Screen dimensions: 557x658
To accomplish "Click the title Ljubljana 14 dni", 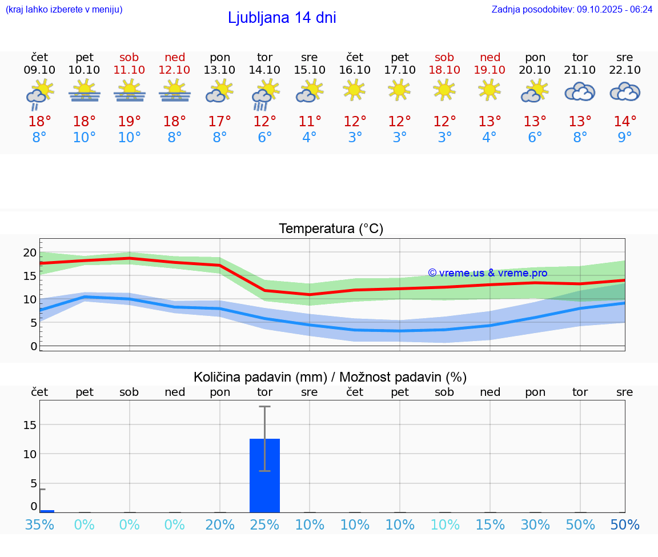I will [x=282, y=18].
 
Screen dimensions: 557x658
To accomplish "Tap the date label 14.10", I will [x=264, y=70].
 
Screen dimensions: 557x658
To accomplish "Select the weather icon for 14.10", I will [x=264, y=94].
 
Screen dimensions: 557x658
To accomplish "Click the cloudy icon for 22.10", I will [x=625, y=92].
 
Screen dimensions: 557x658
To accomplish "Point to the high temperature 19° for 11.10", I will [x=130, y=121].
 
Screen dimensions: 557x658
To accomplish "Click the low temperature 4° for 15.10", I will [x=310, y=138].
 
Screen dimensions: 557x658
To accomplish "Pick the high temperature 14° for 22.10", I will [x=625, y=121].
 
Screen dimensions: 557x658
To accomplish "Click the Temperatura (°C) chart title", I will [x=331, y=229].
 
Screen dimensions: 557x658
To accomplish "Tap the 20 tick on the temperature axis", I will [x=30, y=253].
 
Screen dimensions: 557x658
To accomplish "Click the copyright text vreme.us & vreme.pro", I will [x=487, y=273].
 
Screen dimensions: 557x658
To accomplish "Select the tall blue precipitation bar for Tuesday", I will [x=264, y=475].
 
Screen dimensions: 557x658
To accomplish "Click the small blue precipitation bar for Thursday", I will [x=47, y=511].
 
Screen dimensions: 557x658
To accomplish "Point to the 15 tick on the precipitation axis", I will [x=30, y=424].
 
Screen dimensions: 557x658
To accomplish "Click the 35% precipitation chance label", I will [x=39, y=524].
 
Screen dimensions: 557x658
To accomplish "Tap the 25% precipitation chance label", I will [x=264, y=524].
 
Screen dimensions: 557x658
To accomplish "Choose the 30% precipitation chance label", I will [x=535, y=524].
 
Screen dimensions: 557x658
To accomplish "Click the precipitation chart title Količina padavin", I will [x=330, y=377].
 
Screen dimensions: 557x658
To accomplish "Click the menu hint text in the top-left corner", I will [x=64, y=10].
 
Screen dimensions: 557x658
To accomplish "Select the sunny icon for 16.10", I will [x=354, y=90].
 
